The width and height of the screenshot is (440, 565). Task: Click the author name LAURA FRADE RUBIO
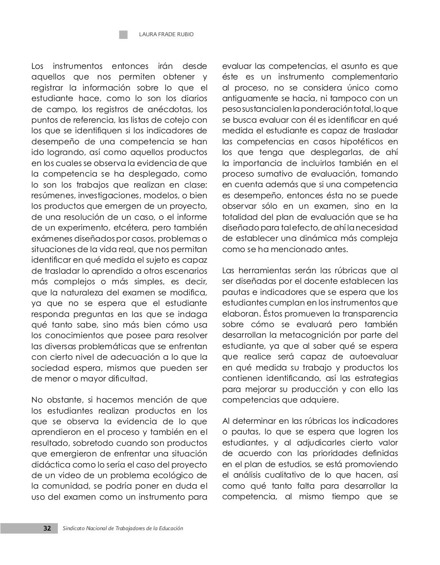pyautogui.click(x=166, y=34)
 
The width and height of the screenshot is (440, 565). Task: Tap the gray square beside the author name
pyautogui.click(x=123, y=34)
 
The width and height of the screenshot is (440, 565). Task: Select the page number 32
pyautogui.click(x=47, y=528)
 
